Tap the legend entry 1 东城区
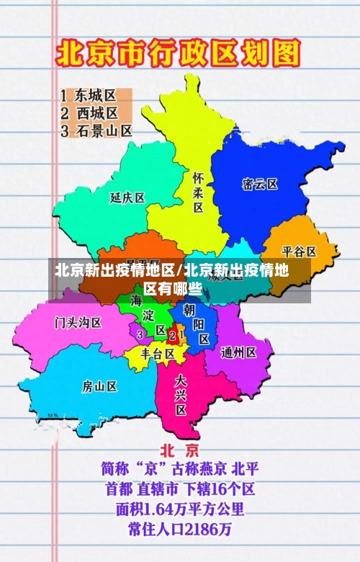click(88, 95)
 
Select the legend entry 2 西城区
click(89, 113)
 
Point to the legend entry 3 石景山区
click(96, 130)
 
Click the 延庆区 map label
click(127, 197)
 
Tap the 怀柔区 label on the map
click(198, 192)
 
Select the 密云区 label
click(260, 184)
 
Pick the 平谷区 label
click(299, 251)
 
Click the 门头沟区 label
click(78, 321)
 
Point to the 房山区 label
click(99, 385)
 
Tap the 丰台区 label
click(157, 354)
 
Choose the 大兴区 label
click(181, 394)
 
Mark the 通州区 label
click(238, 352)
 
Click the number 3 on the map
click(140, 334)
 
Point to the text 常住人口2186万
click(180, 529)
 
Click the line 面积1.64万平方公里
click(180, 509)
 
